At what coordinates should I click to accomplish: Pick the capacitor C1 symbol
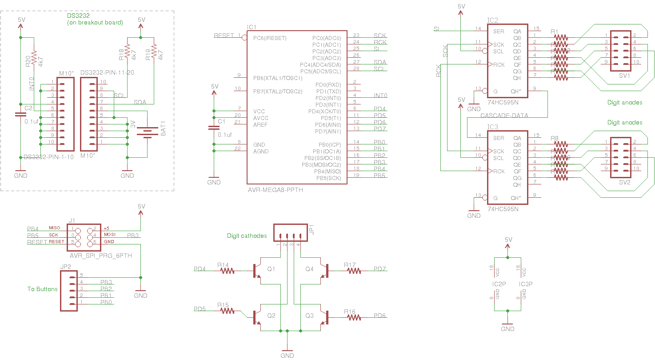point(214,128)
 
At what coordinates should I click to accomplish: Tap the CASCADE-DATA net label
point(504,116)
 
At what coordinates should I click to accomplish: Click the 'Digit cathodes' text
point(247,236)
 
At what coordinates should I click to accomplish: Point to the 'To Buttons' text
point(43,289)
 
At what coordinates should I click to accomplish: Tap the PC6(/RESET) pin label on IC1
point(269,38)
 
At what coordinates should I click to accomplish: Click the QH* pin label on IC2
point(515,92)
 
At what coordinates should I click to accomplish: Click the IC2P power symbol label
point(499,284)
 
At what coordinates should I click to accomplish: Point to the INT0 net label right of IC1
point(380,96)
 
